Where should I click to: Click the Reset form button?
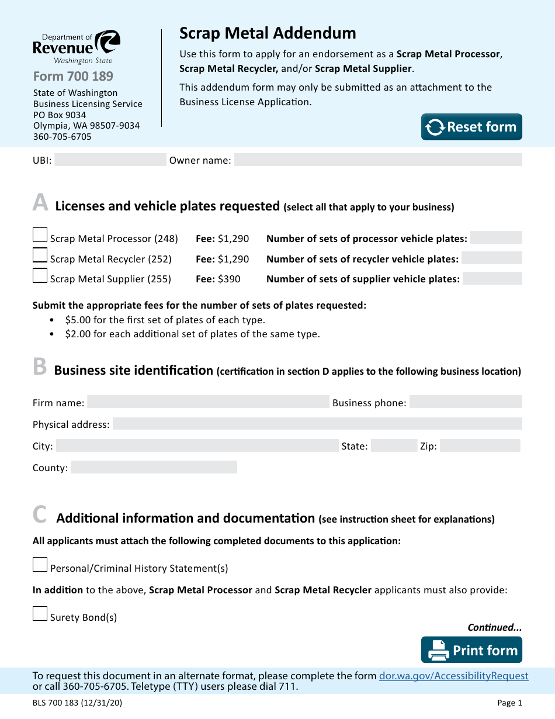(x=471, y=127)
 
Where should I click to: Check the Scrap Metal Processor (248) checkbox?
(x=40, y=235)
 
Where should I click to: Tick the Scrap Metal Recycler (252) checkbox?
(x=40, y=255)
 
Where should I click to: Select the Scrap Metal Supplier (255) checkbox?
(x=40, y=275)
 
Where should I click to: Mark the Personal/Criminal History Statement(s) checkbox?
(x=40, y=565)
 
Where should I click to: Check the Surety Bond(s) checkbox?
(x=40, y=614)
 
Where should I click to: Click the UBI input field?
(x=110, y=160)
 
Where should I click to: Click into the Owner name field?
(x=378, y=160)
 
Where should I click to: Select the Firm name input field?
(x=208, y=402)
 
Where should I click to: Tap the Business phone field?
(x=466, y=402)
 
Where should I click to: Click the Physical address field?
(x=317, y=424)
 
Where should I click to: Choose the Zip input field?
(x=480, y=445)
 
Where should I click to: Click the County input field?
(x=154, y=467)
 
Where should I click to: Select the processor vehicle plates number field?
(x=496, y=237)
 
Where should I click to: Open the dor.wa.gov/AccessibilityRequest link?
(x=454, y=676)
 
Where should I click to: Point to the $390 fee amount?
(x=229, y=279)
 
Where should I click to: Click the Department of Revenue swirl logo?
(x=107, y=43)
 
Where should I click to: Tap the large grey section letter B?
(x=40, y=367)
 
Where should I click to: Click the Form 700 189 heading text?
(x=73, y=76)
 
